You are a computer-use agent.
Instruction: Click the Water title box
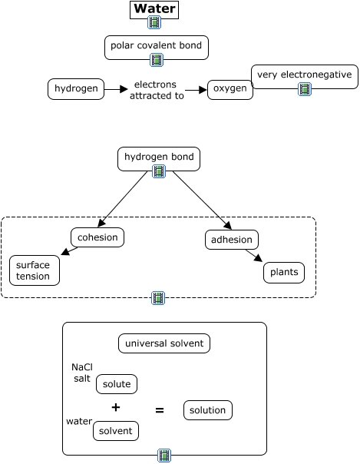[154, 10]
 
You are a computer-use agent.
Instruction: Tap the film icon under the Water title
[154, 22]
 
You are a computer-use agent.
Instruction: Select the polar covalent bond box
[157, 48]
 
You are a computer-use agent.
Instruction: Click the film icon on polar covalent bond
[157, 60]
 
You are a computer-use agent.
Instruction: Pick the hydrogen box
[76, 89]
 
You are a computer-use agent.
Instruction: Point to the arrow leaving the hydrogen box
[116, 89]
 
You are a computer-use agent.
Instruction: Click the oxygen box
[230, 90]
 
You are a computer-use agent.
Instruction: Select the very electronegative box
[305, 77]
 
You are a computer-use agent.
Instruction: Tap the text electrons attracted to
[157, 90]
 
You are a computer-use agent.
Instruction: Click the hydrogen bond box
[159, 159]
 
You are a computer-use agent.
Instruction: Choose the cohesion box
[97, 237]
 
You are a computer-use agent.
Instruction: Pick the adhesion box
[232, 240]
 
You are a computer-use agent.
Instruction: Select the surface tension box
[35, 270]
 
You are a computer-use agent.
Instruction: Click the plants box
[284, 273]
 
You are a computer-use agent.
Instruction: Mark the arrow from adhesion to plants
[254, 256]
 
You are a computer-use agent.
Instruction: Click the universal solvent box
[164, 343]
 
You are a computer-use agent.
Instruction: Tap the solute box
[117, 384]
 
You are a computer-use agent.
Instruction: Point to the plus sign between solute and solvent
[116, 407]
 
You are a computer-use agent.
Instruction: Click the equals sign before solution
[160, 410]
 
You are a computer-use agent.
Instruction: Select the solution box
[208, 410]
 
